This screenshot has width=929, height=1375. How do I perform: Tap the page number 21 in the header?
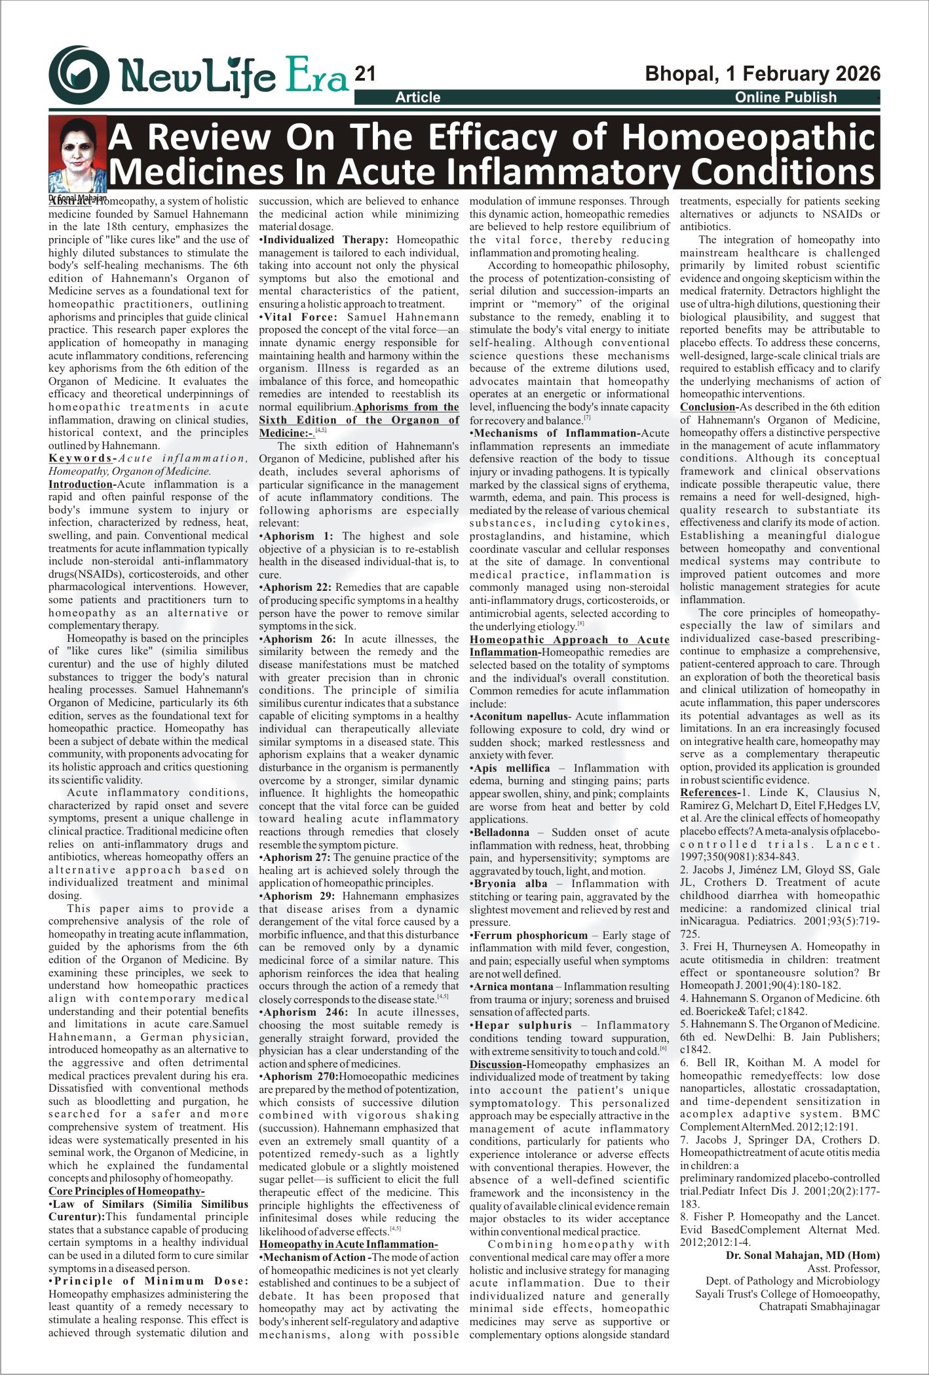(364, 74)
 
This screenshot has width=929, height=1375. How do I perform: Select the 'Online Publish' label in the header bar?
(785, 98)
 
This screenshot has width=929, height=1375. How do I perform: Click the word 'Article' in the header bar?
(417, 98)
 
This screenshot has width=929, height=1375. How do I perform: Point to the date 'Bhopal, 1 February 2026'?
(763, 73)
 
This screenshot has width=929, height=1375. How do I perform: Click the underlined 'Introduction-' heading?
(82, 485)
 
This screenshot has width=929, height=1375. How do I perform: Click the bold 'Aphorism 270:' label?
(301, 1077)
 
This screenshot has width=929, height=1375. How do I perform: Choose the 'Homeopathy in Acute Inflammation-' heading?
(348, 1245)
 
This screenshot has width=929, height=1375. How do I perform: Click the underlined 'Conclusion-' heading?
(710, 407)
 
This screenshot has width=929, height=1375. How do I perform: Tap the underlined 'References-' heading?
(710, 793)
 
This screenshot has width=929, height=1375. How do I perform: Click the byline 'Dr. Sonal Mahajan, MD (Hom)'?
(803, 1256)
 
